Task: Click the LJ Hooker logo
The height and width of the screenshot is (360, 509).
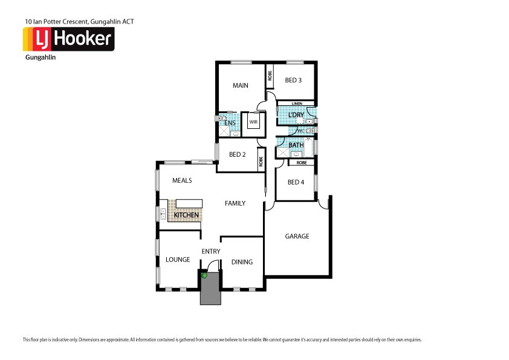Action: pos(68,39)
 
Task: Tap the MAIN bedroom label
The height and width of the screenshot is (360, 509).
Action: pos(241,85)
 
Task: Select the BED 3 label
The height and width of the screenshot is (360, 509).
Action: pos(293,80)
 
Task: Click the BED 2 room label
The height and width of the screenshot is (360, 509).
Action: pos(237,154)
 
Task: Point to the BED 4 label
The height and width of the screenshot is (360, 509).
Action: pos(296,182)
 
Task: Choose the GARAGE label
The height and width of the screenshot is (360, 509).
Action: pos(297,236)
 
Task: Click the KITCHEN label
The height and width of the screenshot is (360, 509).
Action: pos(186,215)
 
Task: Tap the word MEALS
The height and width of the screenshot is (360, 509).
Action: pos(182,180)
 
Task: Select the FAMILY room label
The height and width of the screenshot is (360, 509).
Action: pos(235,203)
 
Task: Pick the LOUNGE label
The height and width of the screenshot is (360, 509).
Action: pos(178,260)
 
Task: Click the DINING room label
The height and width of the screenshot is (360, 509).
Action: pos(242,262)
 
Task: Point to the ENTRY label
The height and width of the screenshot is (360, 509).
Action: pos(210,251)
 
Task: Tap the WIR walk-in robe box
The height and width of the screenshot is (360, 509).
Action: pos(254,121)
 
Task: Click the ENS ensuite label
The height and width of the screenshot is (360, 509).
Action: pos(230,123)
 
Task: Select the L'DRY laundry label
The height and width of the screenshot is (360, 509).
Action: pos(296,115)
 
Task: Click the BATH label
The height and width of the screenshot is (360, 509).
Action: pos(296,145)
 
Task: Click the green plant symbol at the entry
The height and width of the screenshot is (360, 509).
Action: pos(205,276)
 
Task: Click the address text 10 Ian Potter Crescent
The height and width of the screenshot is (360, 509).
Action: pos(79,21)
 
